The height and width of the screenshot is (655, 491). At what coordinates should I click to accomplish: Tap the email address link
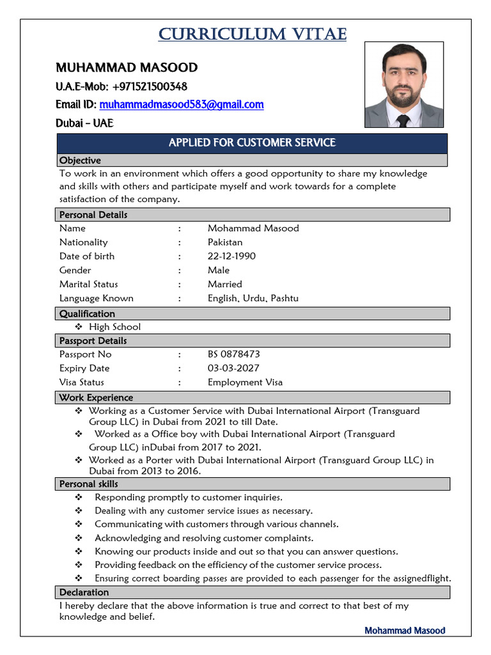182,104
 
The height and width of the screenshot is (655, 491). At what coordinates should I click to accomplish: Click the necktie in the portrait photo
403,120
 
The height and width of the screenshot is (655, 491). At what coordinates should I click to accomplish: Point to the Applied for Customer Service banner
252,143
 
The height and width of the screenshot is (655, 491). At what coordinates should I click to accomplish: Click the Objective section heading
80,160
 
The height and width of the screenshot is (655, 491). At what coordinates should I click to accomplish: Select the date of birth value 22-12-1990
231,256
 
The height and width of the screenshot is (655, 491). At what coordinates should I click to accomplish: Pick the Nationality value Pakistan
225,242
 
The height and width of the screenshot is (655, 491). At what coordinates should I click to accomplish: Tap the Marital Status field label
89,284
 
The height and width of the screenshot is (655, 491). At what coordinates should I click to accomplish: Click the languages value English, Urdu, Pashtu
253,298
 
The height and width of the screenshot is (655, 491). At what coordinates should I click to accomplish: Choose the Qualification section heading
87,313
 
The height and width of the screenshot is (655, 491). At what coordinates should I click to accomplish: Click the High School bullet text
114,327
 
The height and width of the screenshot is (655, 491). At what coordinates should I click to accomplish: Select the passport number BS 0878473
233,354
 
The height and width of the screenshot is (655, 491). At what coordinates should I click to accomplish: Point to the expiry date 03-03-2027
233,368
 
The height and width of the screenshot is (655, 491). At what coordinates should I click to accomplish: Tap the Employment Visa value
245,383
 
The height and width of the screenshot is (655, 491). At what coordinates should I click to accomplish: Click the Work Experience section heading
96,397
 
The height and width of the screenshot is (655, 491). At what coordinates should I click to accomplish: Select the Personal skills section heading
88,484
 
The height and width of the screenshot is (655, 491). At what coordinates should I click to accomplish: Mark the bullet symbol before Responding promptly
79,498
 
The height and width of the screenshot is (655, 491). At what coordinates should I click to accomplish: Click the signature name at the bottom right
405,631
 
